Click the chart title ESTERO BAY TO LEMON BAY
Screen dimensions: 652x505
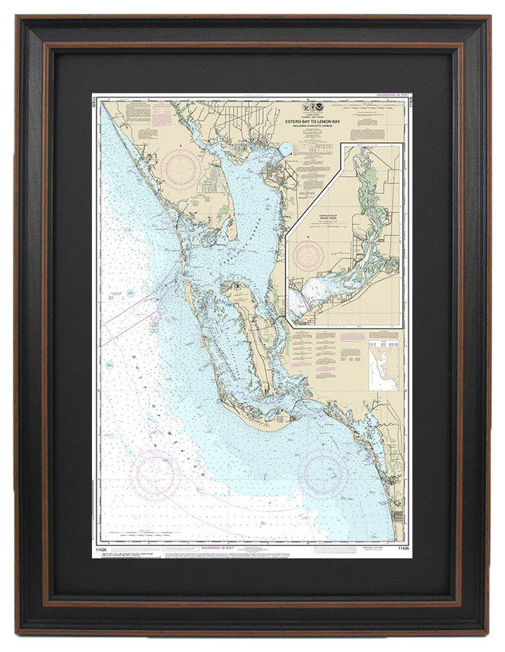click(x=312, y=121)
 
